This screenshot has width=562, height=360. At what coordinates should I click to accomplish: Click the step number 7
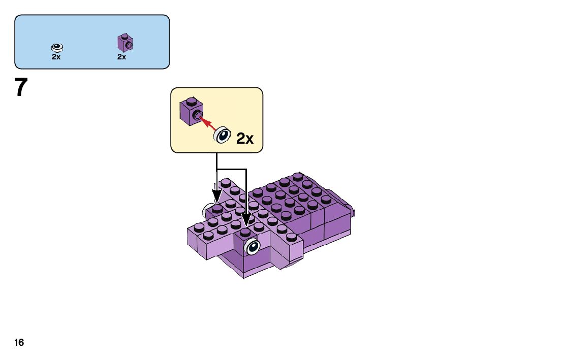[x=21, y=87]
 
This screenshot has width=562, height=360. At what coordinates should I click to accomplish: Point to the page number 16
[x=19, y=343]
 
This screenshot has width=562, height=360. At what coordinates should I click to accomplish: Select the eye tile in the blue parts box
[x=57, y=47]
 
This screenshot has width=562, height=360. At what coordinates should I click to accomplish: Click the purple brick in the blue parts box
[x=124, y=43]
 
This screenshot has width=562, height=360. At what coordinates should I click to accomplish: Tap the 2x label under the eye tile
[x=56, y=57]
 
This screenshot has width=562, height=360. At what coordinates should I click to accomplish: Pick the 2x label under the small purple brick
[x=121, y=57]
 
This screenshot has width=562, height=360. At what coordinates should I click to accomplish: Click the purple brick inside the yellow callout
[x=191, y=111]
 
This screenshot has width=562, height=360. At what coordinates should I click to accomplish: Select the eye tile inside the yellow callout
[x=222, y=135]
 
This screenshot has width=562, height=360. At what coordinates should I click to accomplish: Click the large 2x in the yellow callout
[x=245, y=138]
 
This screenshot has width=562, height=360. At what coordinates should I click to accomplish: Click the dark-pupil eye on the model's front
[x=252, y=247]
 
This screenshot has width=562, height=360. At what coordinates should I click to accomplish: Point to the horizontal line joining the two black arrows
[x=231, y=169]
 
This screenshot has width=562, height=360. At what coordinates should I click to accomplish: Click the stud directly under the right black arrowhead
[x=245, y=231]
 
